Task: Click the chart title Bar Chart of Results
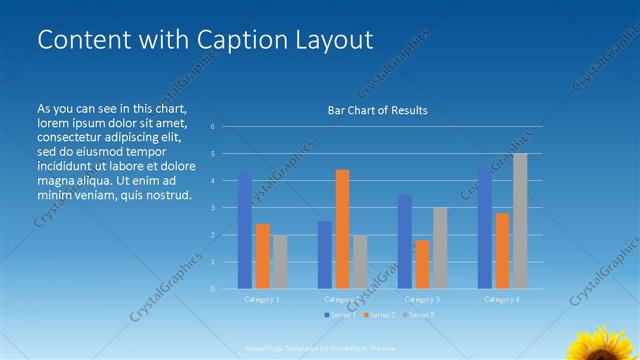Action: click(x=377, y=110)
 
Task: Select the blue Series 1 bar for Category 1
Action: click(x=244, y=230)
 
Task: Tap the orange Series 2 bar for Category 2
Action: click(x=342, y=229)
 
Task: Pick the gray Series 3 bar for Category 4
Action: click(x=520, y=221)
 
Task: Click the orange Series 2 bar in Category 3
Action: click(x=422, y=264)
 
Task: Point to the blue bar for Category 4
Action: click(x=484, y=228)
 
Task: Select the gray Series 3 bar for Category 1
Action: click(x=280, y=262)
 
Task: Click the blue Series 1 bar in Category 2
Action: click(x=325, y=255)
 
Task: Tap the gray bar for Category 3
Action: click(x=440, y=248)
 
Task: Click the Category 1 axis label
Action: click(x=262, y=299)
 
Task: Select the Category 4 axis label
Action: click(x=501, y=299)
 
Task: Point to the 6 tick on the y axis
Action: click(x=212, y=127)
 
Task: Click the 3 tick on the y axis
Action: click(x=212, y=208)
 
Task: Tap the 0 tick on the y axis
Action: click(x=212, y=289)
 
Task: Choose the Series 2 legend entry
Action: click(x=381, y=315)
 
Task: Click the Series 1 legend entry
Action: click(x=341, y=315)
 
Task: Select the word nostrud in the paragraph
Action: click(x=167, y=194)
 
